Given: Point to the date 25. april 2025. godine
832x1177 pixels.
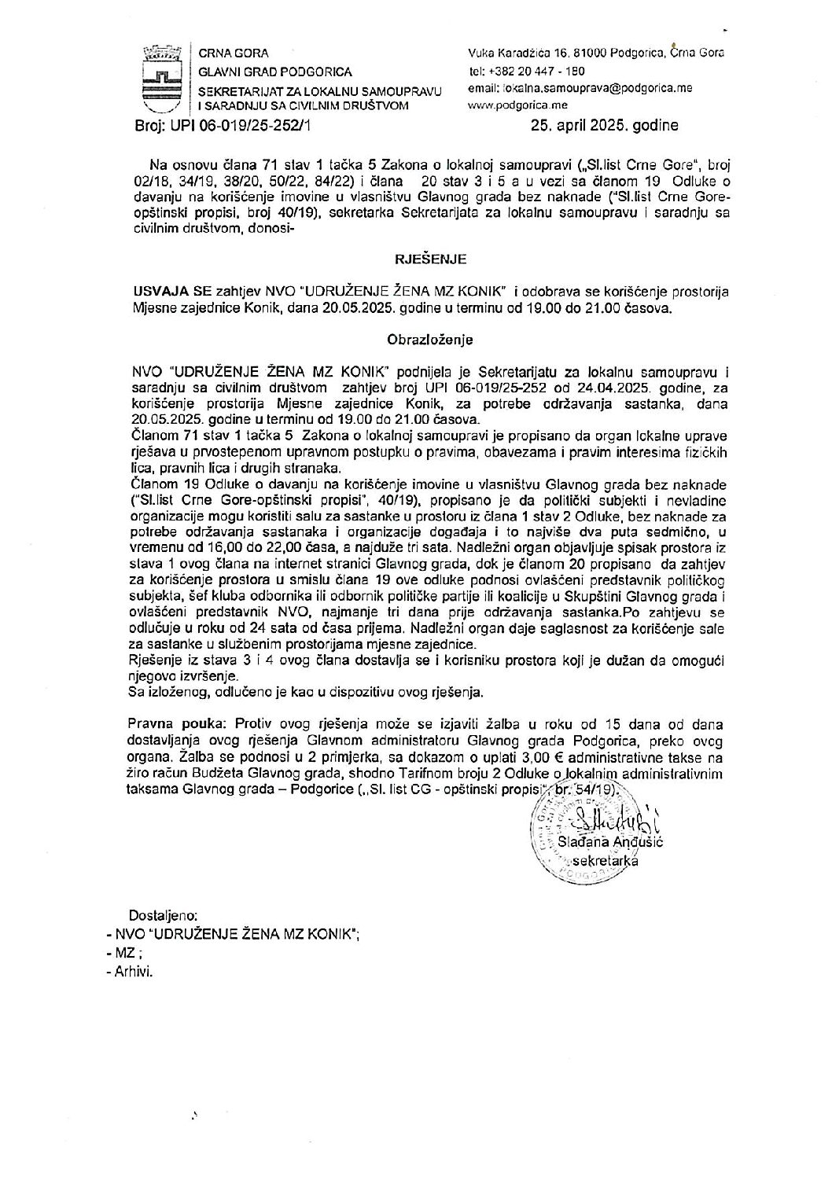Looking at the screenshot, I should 604,124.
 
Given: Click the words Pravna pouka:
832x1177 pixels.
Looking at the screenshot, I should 156,723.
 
